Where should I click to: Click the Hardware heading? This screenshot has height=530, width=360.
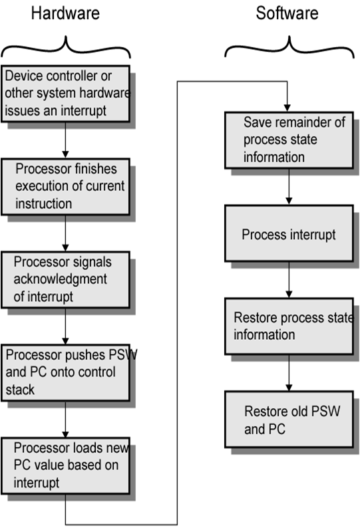pyautogui.click(x=66, y=13)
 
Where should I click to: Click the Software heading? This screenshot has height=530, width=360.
pyautogui.click(x=287, y=13)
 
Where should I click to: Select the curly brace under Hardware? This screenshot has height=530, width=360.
pyautogui.click(x=66, y=47)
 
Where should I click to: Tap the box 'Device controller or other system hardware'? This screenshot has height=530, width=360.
pyautogui.click(x=65, y=94)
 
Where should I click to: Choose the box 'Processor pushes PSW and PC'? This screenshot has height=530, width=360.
pyautogui.click(x=65, y=372)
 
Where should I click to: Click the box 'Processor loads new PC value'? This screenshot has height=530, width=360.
pyautogui.click(x=65, y=465)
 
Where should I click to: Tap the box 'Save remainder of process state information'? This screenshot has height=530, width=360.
pyautogui.click(x=287, y=140)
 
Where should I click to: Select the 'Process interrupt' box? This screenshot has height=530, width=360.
pyautogui.click(x=287, y=234)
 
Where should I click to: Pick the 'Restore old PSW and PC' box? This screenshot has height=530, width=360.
pyautogui.click(x=287, y=420)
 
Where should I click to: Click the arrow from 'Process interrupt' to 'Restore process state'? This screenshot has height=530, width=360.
pyautogui.click(x=287, y=279)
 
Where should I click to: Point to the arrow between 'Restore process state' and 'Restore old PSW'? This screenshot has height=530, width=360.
pyautogui.click(x=287, y=372)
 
